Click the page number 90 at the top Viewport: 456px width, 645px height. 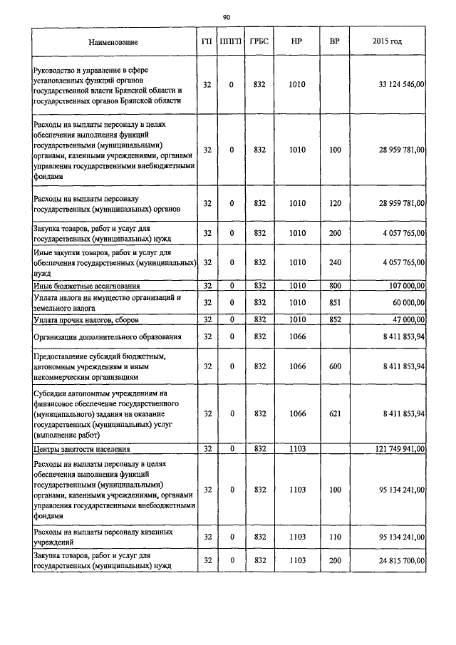(x=227, y=16)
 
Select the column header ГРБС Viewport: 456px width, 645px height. (x=259, y=42)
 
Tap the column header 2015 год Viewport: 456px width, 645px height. (x=387, y=42)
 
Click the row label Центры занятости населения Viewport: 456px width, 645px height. (x=83, y=449)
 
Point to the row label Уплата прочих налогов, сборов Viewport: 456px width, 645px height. (x=85, y=319)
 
